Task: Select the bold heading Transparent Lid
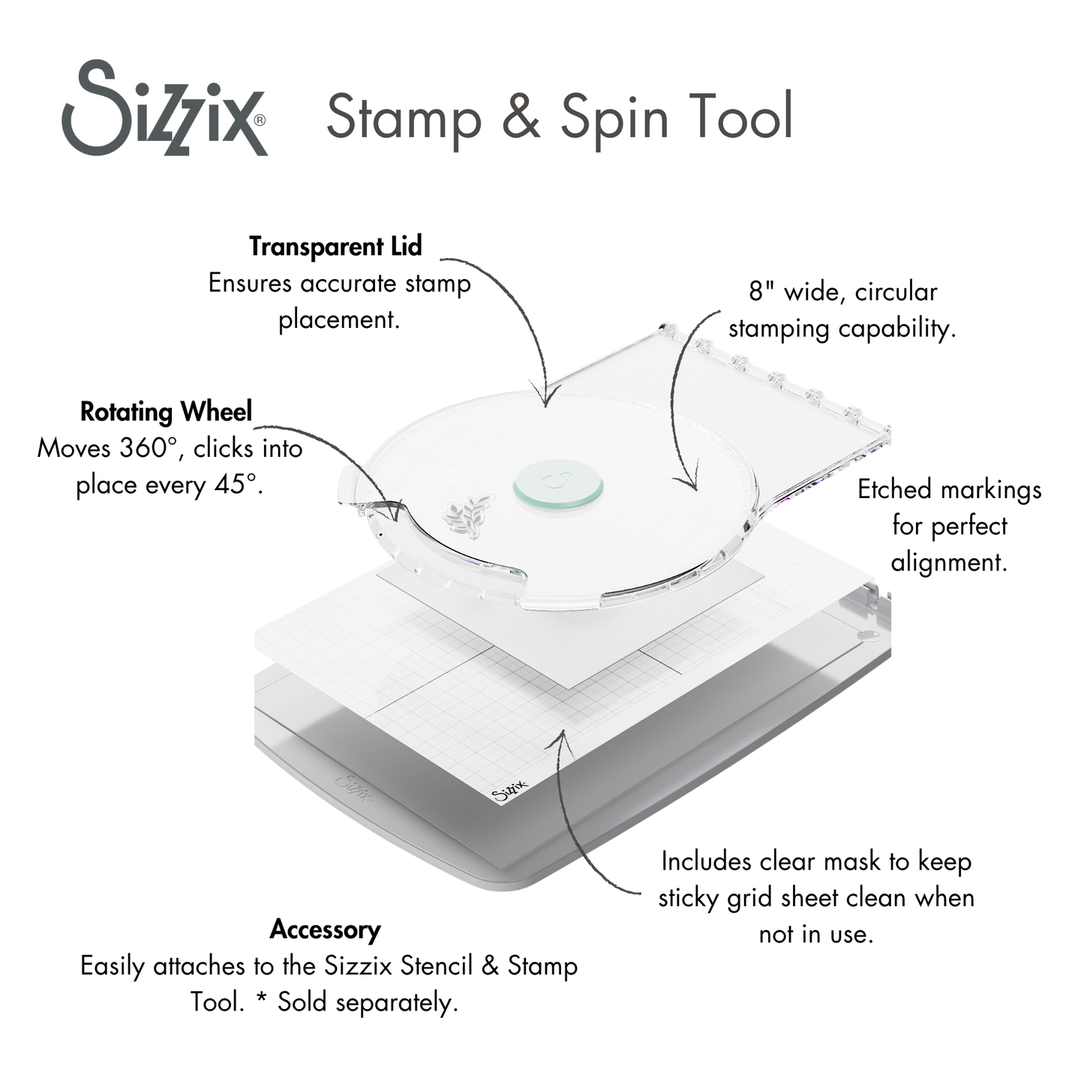(335, 246)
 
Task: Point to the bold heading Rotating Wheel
(166, 411)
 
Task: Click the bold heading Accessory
(325, 929)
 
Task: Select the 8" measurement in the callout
(761, 291)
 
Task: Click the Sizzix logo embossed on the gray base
(356, 788)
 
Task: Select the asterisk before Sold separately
(262, 1002)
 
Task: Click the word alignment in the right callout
(949, 563)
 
